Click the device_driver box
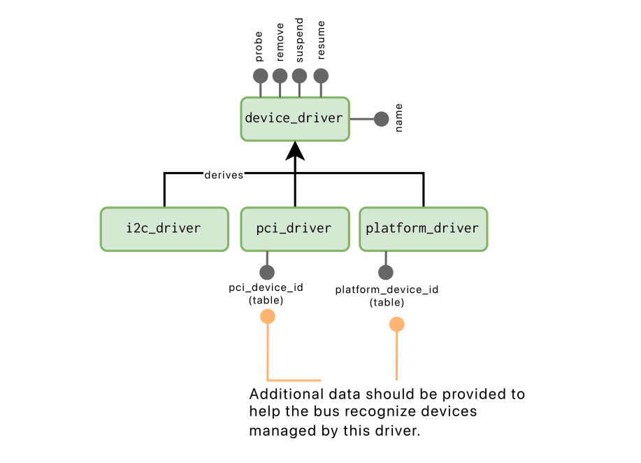tap(294, 119)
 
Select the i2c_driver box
tap(164, 229)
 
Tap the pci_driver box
tap(294, 229)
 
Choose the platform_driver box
tap(423, 229)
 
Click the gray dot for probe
tap(260, 76)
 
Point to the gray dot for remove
tap(280, 76)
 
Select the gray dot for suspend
tap(299, 76)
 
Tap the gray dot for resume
tap(321, 76)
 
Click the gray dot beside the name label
tap(381, 119)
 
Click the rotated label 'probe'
tap(259, 48)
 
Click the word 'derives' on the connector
tap(224, 175)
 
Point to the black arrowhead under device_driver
tap(295, 150)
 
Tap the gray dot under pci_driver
tap(267, 272)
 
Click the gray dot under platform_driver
tap(385, 272)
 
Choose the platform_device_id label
tap(387, 290)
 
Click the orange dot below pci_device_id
tap(268, 317)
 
